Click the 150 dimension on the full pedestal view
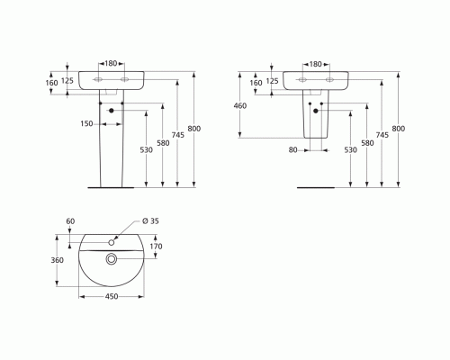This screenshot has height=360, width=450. (x=86, y=122)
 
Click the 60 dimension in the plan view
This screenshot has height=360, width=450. (x=70, y=221)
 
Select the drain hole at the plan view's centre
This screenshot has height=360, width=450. (x=111, y=259)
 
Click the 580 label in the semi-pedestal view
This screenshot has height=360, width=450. (x=366, y=142)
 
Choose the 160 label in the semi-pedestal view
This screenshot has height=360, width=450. (x=256, y=82)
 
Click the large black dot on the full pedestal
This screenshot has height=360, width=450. (x=112, y=111)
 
